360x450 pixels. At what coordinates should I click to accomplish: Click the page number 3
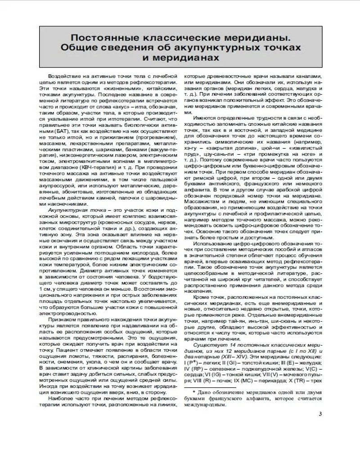(x=319, y=414)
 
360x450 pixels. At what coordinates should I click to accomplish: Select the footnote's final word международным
(x=207, y=404)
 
